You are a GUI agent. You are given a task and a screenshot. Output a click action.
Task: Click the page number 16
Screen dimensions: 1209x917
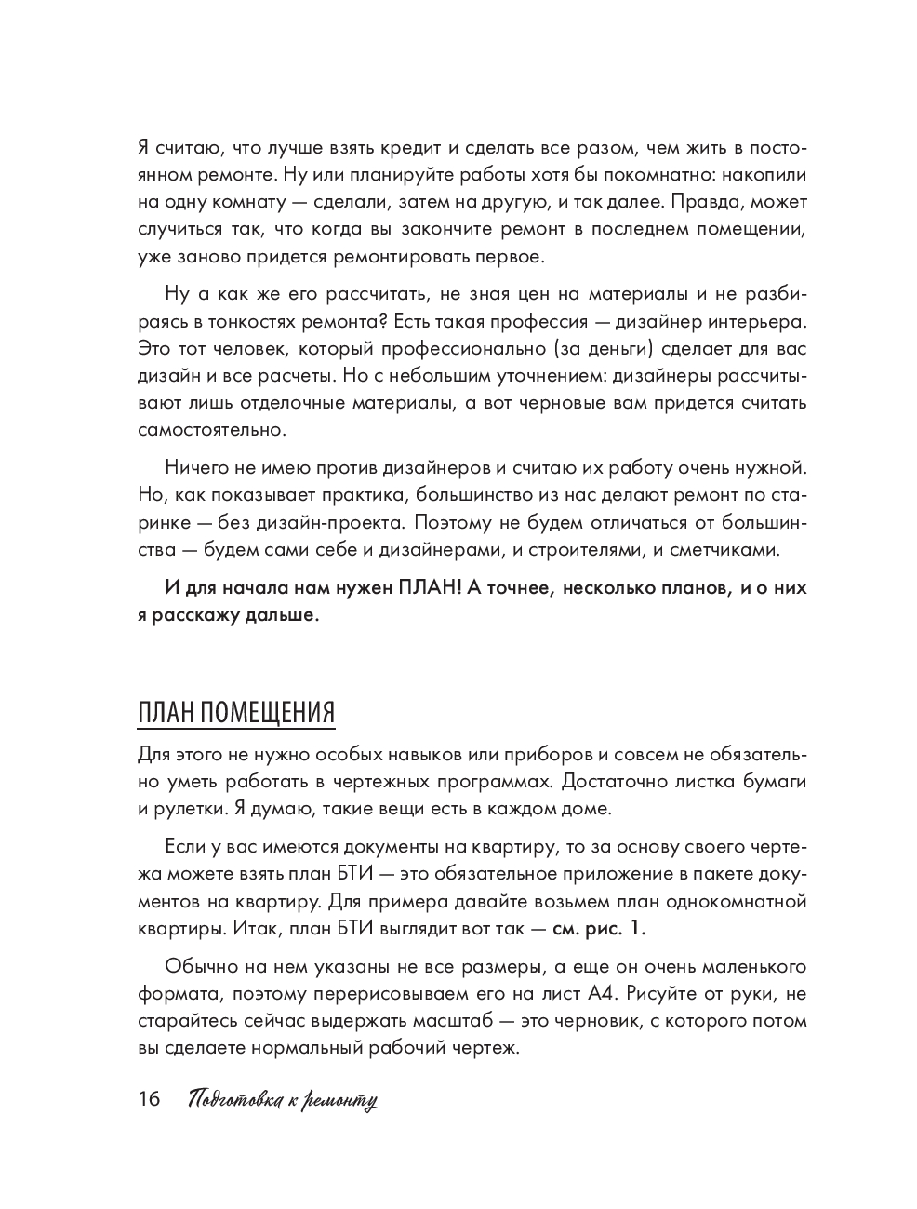pyautogui.click(x=149, y=1099)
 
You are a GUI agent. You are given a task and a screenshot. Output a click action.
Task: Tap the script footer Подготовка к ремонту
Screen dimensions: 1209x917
pyautogui.click(x=282, y=1100)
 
